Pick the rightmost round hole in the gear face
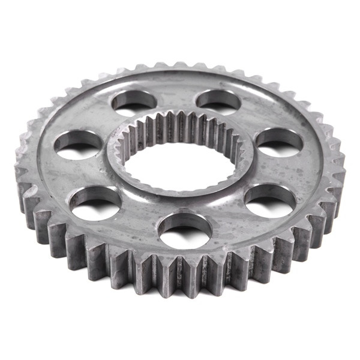pyautogui.click(x=279, y=143)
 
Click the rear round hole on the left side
pyautogui.click(x=133, y=102)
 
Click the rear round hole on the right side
pyautogui.click(x=217, y=101)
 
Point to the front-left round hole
pyautogui.click(x=96, y=202)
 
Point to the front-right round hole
pyautogui.click(x=270, y=200)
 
